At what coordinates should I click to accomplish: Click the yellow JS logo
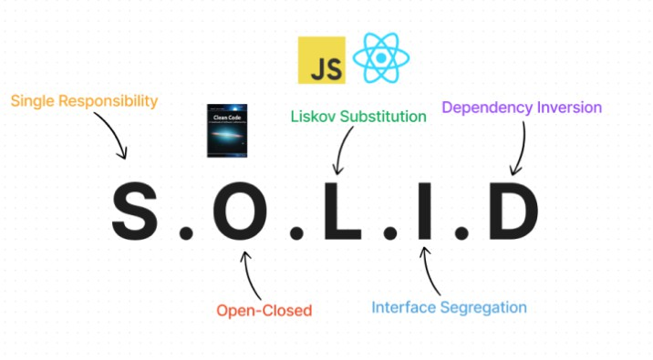point(321,60)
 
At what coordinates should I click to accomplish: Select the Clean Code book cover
point(227,134)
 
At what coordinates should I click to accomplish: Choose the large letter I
point(422,212)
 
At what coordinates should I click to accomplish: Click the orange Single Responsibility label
point(85,100)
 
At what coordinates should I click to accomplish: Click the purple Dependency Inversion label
point(522,108)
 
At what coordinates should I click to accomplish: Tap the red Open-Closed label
point(264,311)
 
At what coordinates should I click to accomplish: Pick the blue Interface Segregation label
point(450,307)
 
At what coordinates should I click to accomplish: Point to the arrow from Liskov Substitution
point(344,150)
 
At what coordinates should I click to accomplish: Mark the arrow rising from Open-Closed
point(246,273)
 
